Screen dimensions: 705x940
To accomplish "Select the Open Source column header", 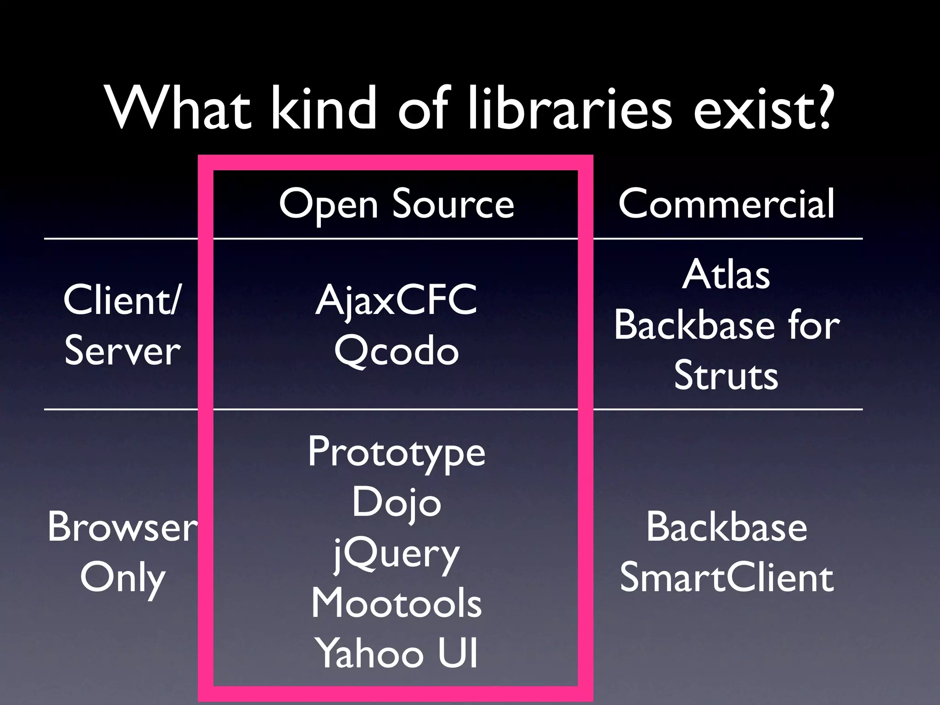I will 396,205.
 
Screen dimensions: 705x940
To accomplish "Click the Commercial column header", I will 726,204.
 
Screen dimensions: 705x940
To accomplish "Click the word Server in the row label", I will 123,352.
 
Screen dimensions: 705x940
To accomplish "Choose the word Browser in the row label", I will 123,527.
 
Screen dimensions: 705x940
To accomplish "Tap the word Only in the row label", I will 123,578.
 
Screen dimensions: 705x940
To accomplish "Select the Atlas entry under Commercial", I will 726,275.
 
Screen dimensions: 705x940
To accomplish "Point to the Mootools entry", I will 396,604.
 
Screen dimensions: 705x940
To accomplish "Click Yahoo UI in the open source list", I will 396,654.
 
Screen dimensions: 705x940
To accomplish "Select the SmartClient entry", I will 726,578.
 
